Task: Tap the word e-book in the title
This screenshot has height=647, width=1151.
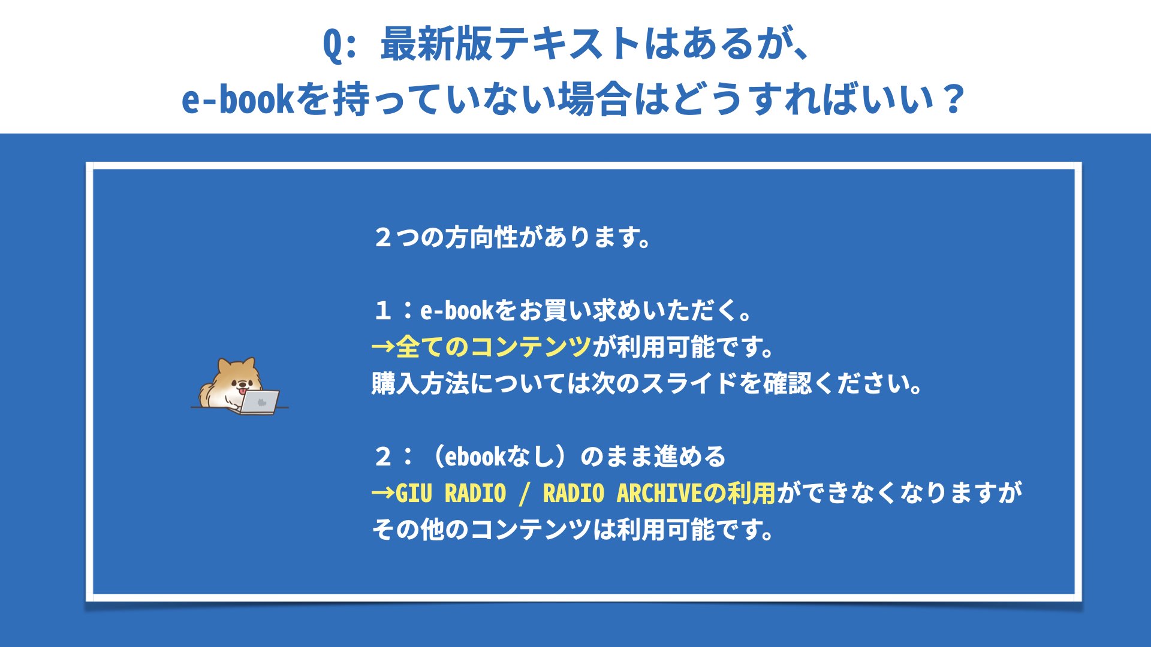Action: tap(237, 99)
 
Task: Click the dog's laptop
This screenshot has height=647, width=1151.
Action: tap(259, 402)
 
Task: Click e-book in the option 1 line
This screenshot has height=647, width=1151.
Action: tap(456, 310)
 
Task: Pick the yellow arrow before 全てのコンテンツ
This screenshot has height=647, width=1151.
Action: tap(382, 347)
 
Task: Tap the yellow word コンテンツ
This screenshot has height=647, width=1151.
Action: tap(531, 347)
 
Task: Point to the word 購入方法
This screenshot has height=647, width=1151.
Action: tap(420, 383)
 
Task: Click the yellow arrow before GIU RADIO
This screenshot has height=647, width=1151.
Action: tap(382, 493)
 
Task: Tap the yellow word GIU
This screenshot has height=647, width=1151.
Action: tap(414, 493)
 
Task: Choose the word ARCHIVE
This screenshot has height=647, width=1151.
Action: tap(659, 493)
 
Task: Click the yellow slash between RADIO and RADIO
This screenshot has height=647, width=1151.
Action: tap(525, 494)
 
